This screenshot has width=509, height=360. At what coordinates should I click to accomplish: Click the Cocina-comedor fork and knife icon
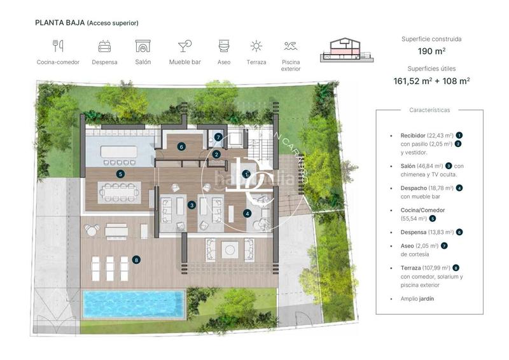[x=58, y=46]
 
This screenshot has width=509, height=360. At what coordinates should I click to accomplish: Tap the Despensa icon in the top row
[x=104, y=46]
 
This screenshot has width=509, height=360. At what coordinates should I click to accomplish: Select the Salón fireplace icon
[x=143, y=46]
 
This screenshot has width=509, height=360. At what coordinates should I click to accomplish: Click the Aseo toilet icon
[x=223, y=46]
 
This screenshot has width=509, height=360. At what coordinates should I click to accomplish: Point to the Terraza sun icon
[x=256, y=46]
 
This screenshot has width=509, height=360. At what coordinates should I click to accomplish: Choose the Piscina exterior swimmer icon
[x=291, y=46]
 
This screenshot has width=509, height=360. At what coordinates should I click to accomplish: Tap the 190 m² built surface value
[x=431, y=52]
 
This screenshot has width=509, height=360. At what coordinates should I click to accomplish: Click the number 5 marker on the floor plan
[x=120, y=173]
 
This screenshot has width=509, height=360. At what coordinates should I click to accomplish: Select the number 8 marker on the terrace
[x=136, y=259]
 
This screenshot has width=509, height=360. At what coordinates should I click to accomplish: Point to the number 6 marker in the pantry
[x=181, y=146]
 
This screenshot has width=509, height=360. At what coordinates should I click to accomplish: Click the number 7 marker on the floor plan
[x=218, y=137]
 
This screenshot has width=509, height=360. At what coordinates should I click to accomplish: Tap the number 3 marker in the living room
[x=192, y=205]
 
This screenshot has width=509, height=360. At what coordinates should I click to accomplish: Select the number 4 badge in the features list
[x=459, y=188]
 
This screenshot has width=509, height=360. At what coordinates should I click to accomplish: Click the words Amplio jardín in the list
[x=417, y=298]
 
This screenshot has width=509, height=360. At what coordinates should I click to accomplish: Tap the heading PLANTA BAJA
[x=60, y=23]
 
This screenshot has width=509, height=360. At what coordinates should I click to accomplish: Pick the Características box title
[x=429, y=110]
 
